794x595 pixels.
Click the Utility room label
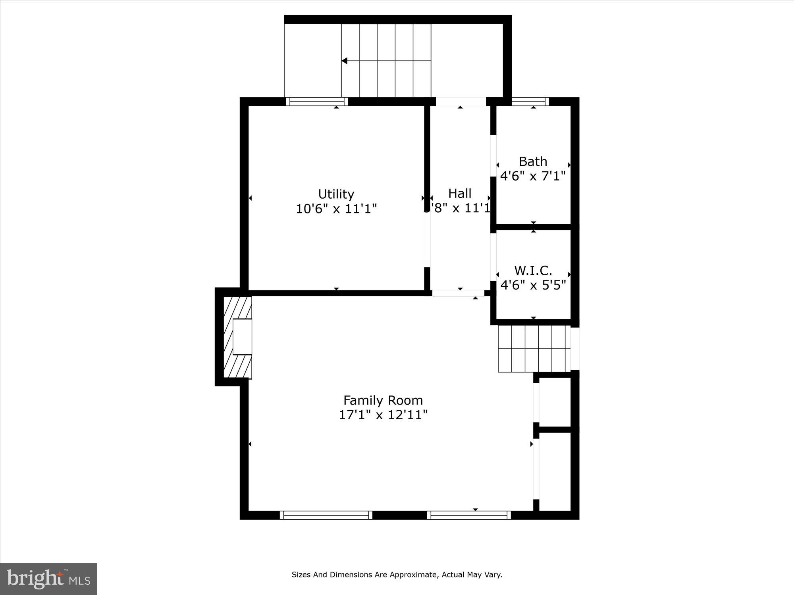coord(336,194)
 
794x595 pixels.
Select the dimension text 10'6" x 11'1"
coord(336,209)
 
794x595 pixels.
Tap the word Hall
coord(460,194)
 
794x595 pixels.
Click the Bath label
coord(533,161)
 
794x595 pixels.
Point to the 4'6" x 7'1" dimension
coord(533,176)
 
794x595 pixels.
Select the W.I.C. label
coord(533,271)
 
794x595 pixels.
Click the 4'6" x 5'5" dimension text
coord(533,285)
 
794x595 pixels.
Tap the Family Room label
coord(383,400)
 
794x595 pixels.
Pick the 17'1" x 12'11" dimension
coord(383,415)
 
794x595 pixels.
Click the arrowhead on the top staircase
coord(345,61)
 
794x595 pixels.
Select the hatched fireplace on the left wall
coord(237,337)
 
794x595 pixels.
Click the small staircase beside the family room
coord(534,349)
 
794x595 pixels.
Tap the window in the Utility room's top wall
coord(317,102)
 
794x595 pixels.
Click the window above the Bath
coord(530,102)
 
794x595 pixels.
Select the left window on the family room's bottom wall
coord(326,515)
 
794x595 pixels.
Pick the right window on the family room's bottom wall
coord(469,515)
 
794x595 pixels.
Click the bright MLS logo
coord(48,579)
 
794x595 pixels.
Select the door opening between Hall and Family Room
coord(458,293)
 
